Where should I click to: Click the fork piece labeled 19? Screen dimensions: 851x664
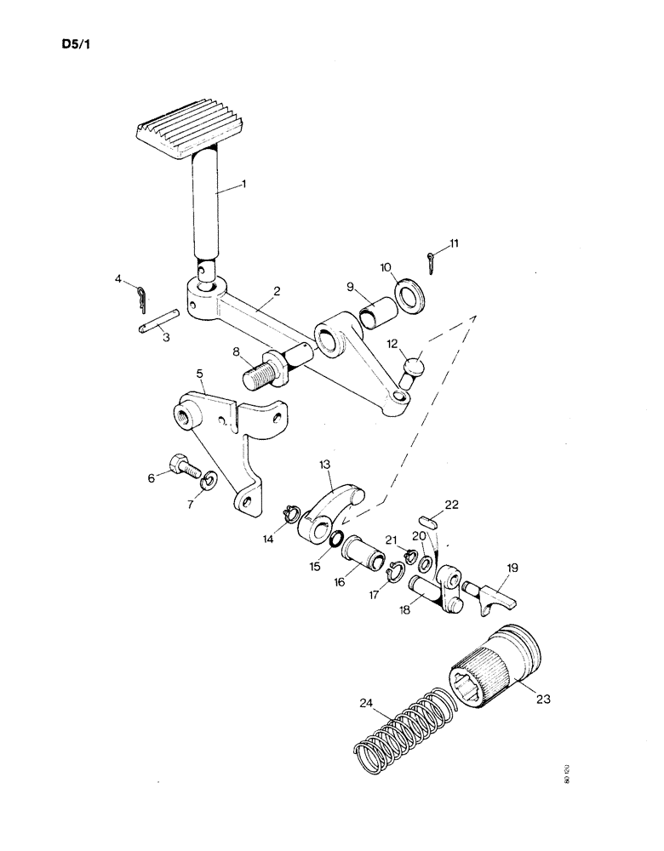point(493,596)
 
